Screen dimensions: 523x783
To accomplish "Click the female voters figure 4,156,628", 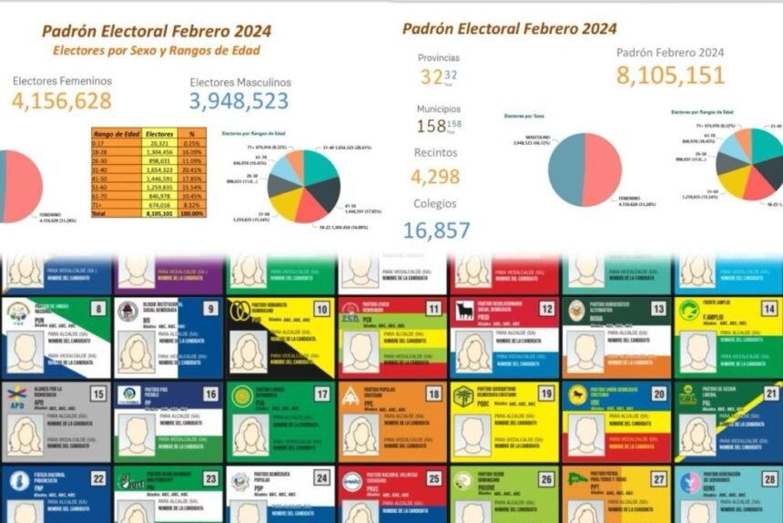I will (62, 101).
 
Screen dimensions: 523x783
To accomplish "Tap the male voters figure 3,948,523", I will (239, 102).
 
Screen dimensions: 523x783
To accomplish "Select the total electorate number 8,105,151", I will (670, 76).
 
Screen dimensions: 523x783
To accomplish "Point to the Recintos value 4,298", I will (435, 177).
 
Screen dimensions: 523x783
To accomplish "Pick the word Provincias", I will (439, 57).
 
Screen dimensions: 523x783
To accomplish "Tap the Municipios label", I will (438, 108).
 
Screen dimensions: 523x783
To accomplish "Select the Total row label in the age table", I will (99, 212).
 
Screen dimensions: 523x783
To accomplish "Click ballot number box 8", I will (98, 310).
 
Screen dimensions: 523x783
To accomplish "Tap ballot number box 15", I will (98, 395).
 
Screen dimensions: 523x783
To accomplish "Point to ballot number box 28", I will (769, 479).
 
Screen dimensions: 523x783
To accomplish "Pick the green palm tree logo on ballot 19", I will (463, 396).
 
